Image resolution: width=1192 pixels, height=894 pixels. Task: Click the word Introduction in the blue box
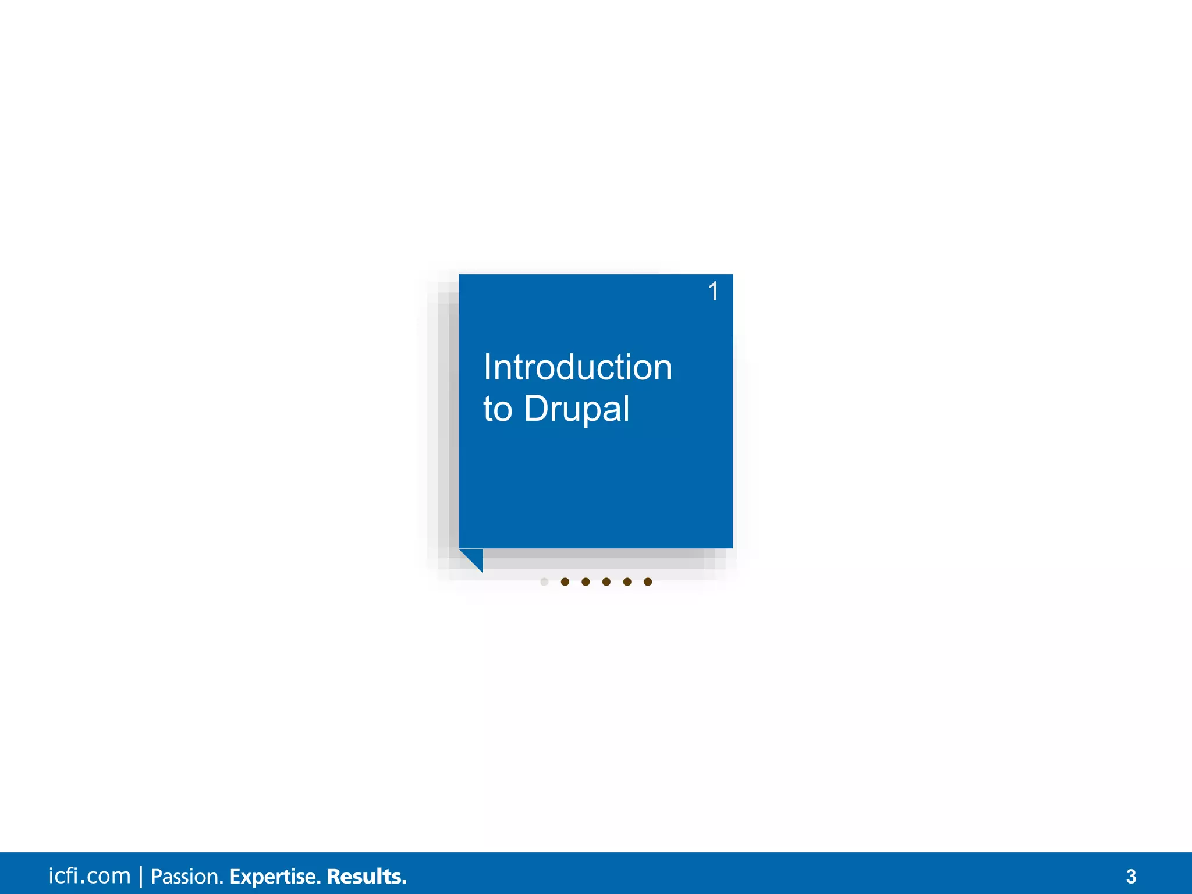tap(577, 368)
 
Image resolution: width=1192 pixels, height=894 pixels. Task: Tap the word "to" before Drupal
tap(498, 409)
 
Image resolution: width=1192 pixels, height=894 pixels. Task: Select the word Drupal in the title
tap(576, 409)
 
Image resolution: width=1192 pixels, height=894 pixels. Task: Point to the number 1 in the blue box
tap(714, 291)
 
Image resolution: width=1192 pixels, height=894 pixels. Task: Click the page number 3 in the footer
tap(1131, 877)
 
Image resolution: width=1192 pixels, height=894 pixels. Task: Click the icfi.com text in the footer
tap(90, 876)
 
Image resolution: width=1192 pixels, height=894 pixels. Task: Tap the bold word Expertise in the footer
tap(274, 877)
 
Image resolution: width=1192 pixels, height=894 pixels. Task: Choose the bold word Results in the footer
tap(366, 877)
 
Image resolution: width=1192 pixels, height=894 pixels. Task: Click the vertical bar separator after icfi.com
tap(141, 877)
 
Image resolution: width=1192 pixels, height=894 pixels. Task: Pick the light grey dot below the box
tap(544, 581)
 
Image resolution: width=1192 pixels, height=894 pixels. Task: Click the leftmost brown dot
tap(565, 581)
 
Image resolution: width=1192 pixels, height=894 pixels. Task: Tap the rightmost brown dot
tap(648, 581)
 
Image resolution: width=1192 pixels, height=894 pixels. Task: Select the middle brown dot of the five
tap(606, 581)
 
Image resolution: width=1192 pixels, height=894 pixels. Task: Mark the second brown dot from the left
tap(586, 581)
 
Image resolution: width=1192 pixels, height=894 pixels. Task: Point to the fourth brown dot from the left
tap(627, 581)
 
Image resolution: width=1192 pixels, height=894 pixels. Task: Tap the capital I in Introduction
tap(488, 368)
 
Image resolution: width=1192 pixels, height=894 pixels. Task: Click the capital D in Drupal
tap(535, 409)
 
